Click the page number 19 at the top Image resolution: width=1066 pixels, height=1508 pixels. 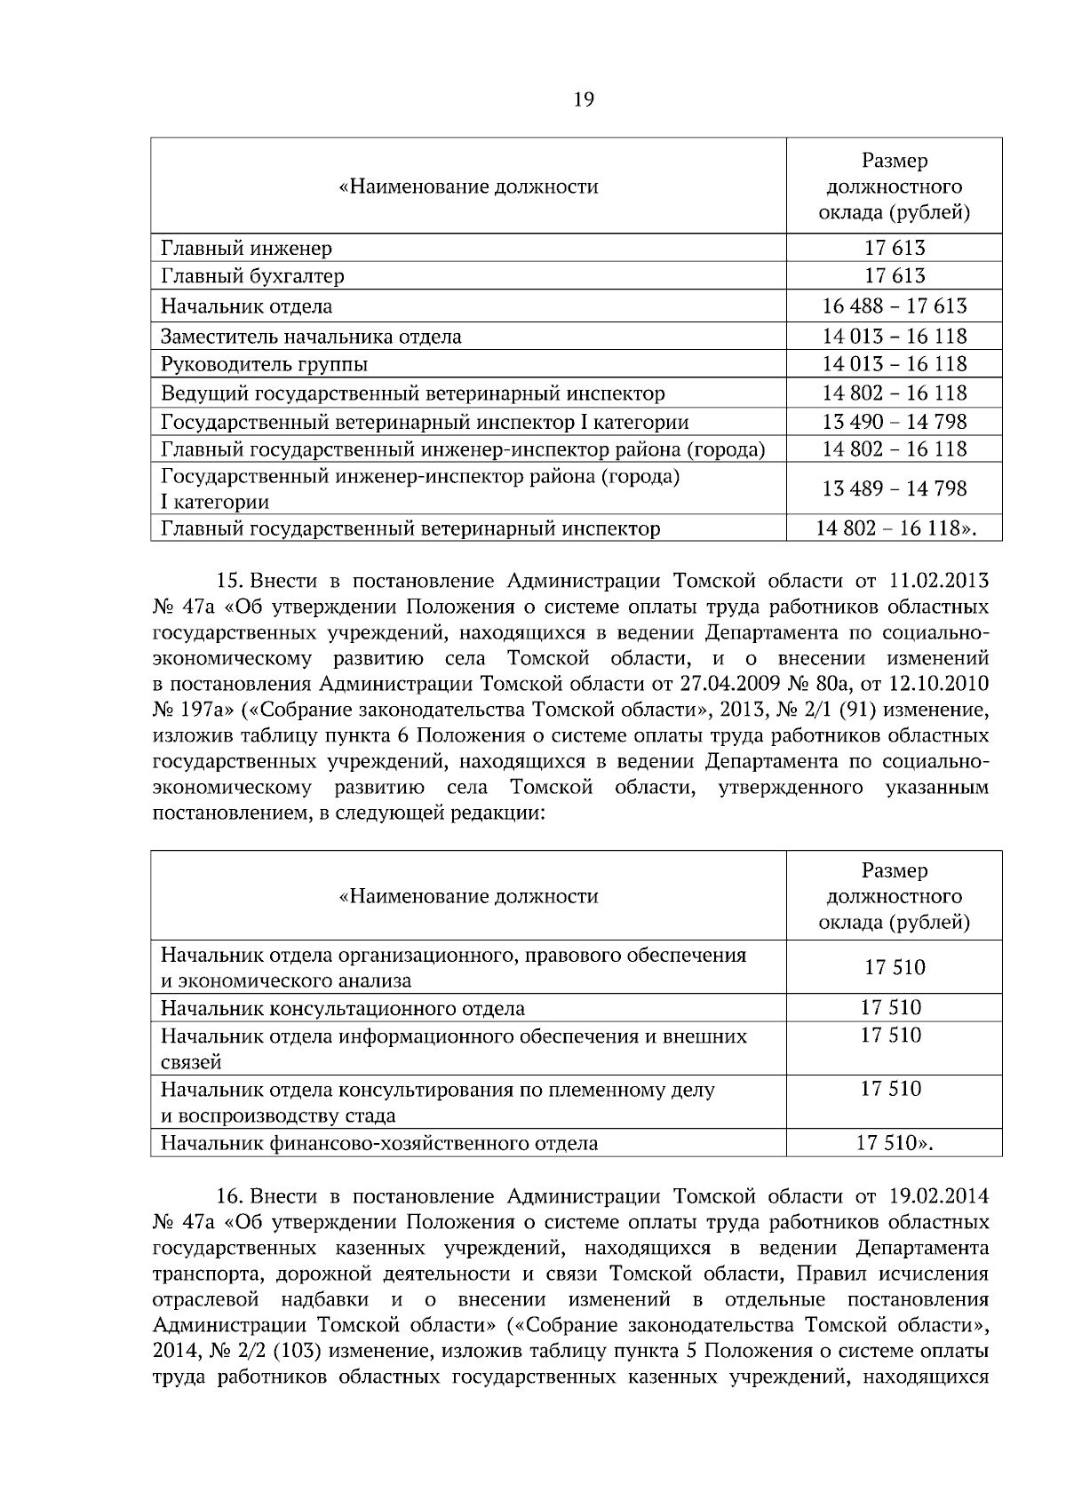[x=583, y=99]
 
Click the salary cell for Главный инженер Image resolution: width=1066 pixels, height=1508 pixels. [x=895, y=249]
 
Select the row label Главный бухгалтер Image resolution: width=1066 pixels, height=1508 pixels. [x=252, y=276]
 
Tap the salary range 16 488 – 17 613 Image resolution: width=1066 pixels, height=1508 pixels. [x=895, y=306]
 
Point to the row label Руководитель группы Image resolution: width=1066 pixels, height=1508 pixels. [x=264, y=364]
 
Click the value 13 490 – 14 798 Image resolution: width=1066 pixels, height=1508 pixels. [x=895, y=421]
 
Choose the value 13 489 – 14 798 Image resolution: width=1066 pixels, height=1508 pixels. [x=895, y=488]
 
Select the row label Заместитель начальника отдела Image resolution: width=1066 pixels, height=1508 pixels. [x=311, y=337]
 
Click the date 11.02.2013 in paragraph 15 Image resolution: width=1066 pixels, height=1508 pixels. [x=938, y=582]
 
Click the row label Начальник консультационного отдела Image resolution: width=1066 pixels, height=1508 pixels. [x=342, y=1009]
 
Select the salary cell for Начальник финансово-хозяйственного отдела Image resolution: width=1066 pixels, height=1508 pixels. [x=895, y=1143]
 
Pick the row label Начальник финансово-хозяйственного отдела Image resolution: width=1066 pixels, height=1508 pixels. [x=378, y=1144]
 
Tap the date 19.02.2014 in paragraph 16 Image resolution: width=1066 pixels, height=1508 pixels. [x=938, y=1197]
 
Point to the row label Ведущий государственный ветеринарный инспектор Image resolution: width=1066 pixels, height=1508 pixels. [x=412, y=393]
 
